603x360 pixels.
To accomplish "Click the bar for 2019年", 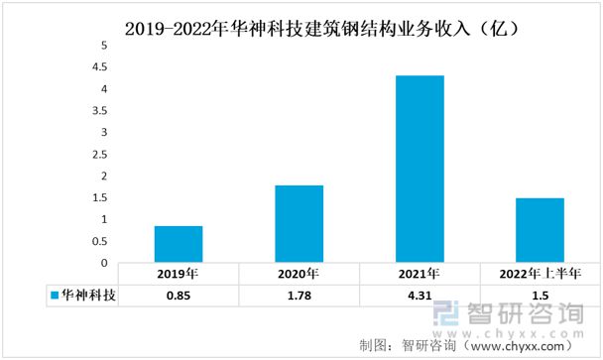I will tap(179, 244).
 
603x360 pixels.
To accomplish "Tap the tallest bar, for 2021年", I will tap(420, 169).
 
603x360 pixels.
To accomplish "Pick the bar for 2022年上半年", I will tap(540, 230).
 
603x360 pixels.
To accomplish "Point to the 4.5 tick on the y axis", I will tap(100, 68).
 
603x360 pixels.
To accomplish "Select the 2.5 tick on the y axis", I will tap(100, 155).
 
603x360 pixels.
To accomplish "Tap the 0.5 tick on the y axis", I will tap(100, 241).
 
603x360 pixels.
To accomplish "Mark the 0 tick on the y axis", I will tap(103, 263).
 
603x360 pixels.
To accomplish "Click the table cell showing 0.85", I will tap(179, 296).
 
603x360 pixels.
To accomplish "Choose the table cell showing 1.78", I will tap(299, 296).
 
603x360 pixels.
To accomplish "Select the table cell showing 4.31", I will tap(420, 296).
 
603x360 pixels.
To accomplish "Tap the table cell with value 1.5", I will tap(540, 296).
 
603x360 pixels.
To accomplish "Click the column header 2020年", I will tap(299, 274).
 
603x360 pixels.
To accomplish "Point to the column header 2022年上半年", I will tap(540, 274).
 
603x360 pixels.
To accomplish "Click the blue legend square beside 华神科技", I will tap(54, 296).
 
